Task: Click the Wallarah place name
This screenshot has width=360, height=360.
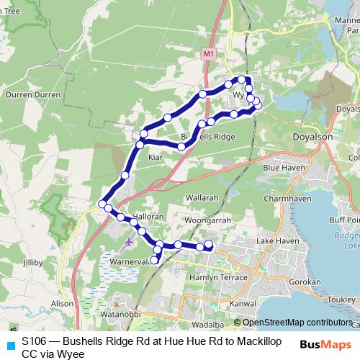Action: [x=202, y=197]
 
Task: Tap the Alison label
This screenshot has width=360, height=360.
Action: [x=62, y=304]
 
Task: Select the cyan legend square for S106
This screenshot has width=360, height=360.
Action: [x=10, y=345]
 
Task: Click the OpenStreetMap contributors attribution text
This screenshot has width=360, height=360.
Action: [x=296, y=323]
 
